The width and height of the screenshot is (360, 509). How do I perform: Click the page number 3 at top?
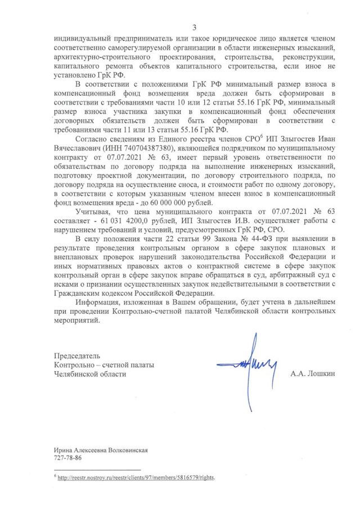coord(194,27)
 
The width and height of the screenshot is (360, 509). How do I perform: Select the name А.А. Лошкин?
coord(312,373)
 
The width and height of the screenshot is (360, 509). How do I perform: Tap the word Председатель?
coord(77,356)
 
